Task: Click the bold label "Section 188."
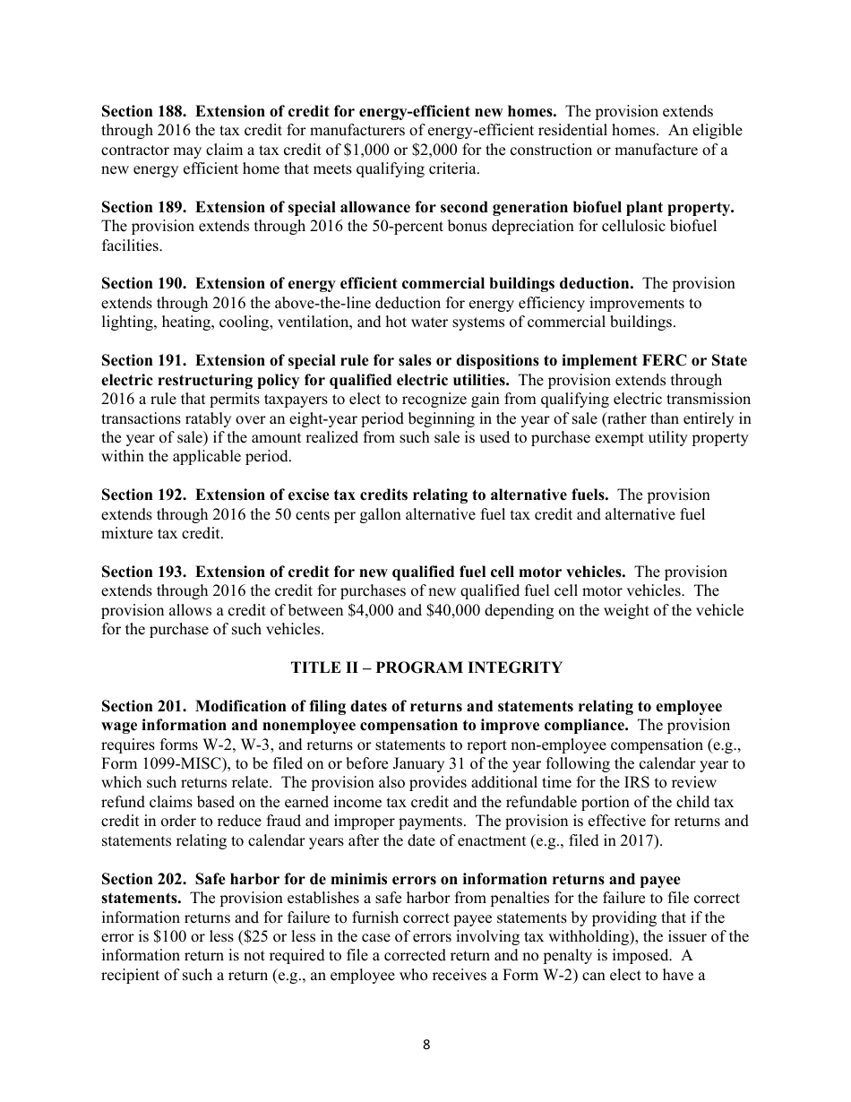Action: (x=144, y=112)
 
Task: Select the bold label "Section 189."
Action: (x=144, y=207)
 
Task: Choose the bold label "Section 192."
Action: (x=144, y=495)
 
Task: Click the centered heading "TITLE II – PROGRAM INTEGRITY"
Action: (x=426, y=667)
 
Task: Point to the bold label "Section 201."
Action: (x=144, y=706)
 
